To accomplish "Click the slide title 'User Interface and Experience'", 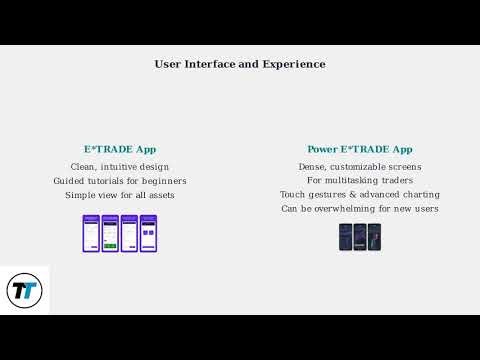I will (240, 64).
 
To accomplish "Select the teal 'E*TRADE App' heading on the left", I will (120, 149).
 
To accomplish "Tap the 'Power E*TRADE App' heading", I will (360, 149).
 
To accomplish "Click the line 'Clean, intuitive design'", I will (120, 166).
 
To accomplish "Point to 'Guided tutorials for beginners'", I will (120, 181).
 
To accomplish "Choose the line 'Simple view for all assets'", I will (120, 195).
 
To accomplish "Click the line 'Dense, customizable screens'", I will (360, 166).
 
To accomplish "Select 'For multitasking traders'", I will (360, 181).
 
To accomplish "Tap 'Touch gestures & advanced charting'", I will (360, 195).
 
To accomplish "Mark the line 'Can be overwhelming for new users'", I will (360, 209).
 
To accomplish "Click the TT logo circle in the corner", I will (24, 291).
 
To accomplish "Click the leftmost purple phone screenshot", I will (91, 233).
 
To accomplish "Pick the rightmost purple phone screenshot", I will (148, 233).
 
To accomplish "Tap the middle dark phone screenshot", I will (360, 237).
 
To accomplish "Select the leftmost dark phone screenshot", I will (346, 237).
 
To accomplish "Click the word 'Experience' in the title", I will (294, 64).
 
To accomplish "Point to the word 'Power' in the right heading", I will (322, 149).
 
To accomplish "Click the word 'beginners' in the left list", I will (164, 181).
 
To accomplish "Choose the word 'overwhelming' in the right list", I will (345, 209).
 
